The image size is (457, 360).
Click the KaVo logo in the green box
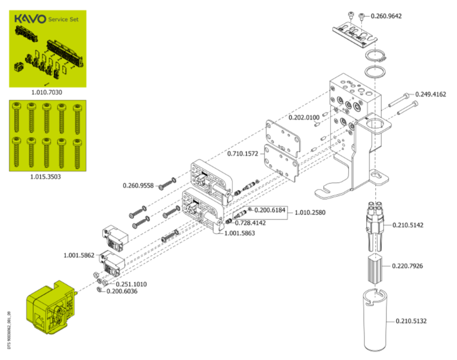tap(30, 19)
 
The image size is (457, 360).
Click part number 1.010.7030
tap(47, 92)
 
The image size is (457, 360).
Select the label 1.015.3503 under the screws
tap(46, 177)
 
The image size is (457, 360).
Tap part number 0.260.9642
tap(386, 16)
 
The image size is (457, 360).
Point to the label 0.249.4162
tap(430, 94)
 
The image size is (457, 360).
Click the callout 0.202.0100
tap(304, 117)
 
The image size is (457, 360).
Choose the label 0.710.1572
tap(243, 153)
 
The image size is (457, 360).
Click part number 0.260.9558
tap(138, 186)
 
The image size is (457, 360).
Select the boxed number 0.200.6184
tap(270, 210)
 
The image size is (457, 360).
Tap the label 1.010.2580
tap(310, 213)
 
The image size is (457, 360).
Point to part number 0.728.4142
tap(251, 223)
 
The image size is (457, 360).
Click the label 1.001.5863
tap(240, 233)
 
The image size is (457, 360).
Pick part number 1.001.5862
tap(79, 256)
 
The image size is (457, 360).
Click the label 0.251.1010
tap(131, 284)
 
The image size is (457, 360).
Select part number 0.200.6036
tap(122, 291)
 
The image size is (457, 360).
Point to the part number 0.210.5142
tap(408, 225)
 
